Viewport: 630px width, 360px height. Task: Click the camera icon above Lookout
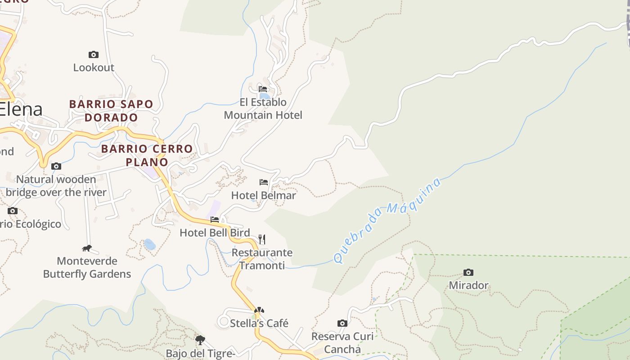click(x=94, y=55)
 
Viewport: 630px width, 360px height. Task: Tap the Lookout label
click(x=94, y=67)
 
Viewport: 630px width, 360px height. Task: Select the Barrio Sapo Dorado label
click(x=111, y=111)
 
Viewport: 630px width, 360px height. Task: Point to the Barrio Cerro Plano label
click(x=147, y=155)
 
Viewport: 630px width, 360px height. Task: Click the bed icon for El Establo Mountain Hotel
click(x=263, y=89)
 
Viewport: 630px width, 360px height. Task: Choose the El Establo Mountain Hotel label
click(x=263, y=109)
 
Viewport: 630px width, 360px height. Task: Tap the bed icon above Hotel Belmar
click(x=264, y=182)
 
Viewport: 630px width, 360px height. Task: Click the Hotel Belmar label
click(x=264, y=195)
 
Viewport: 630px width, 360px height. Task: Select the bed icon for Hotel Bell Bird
click(x=215, y=220)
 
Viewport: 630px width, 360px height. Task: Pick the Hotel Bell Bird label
click(x=215, y=233)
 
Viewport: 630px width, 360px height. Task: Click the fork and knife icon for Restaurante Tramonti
click(x=262, y=239)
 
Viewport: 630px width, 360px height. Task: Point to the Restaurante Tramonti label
click(x=262, y=259)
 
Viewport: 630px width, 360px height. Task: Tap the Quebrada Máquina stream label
click(x=387, y=220)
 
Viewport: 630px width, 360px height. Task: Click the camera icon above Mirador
click(x=468, y=273)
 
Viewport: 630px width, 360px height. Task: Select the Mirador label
click(x=468, y=285)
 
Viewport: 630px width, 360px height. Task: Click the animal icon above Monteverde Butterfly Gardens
click(x=87, y=248)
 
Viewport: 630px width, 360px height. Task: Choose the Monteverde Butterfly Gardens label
click(x=87, y=267)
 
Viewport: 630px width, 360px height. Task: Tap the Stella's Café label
click(x=259, y=323)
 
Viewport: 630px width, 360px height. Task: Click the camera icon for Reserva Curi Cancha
click(x=342, y=323)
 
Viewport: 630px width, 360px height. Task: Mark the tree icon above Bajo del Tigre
click(x=200, y=340)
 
